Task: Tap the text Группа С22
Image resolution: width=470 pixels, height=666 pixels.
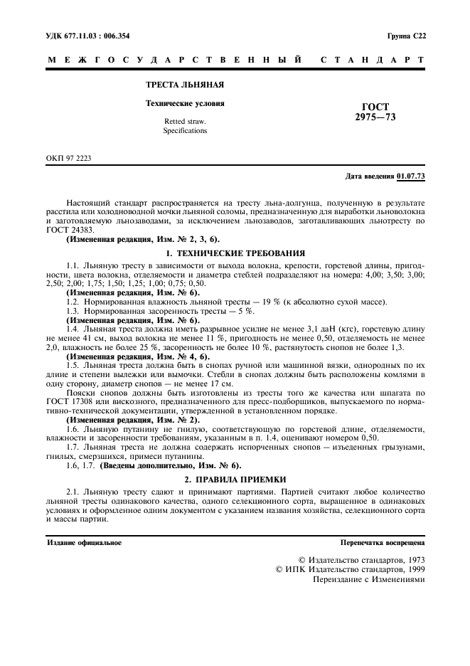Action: click(x=406, y=36)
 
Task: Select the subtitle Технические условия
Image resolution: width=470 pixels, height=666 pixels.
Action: click(x=185, y=103)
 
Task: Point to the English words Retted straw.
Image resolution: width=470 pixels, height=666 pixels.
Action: click(x=185, y=122)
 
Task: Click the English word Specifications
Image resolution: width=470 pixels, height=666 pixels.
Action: click(x=185, y=131)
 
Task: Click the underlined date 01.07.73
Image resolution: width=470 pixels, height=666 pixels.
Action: click(x=411, y=176)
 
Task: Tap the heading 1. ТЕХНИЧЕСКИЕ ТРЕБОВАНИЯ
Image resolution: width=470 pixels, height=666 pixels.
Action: click(x=235, y=253)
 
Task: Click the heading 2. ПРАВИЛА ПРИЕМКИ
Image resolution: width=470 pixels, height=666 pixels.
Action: click(x=235, y=480)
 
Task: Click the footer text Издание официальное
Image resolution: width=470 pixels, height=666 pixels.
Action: click(x=84, y=542)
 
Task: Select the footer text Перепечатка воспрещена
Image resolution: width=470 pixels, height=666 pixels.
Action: click(x=383, y=542)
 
